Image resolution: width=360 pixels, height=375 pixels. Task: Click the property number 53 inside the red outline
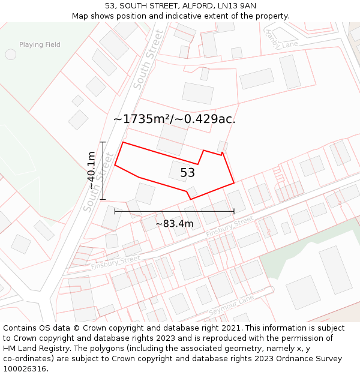(187, 173)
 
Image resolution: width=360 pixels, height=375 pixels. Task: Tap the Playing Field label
(40, 45)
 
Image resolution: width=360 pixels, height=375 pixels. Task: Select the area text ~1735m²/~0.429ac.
(174, 119)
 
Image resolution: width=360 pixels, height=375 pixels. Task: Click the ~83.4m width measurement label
(175, 224)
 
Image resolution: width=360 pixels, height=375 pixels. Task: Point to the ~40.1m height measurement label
(91, 171)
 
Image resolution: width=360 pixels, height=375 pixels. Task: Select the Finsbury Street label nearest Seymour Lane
(229, 226)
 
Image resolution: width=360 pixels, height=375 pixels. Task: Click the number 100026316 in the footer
(25, 368)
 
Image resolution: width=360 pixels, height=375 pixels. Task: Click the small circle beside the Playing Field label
(11, 55)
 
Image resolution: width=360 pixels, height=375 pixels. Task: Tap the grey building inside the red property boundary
(178, 170)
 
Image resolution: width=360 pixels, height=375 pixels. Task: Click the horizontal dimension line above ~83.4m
(174, 211)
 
